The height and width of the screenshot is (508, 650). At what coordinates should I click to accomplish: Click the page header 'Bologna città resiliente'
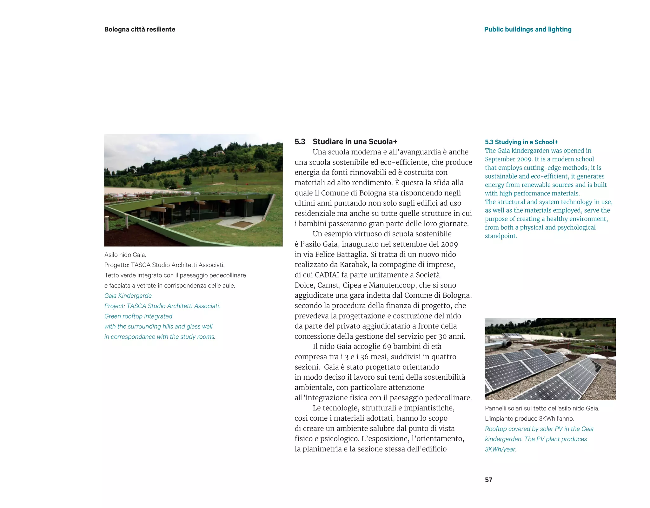point(140,29)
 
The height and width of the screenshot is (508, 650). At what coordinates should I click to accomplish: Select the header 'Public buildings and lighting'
point(527,29)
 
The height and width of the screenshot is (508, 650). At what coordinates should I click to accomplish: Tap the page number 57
point(488,480)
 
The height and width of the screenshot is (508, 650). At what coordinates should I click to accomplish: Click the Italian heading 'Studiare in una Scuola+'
point(355,142)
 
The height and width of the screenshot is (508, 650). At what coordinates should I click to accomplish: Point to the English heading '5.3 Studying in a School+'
point(521,142)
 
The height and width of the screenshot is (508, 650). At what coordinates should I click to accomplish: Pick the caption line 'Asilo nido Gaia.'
point(125,255)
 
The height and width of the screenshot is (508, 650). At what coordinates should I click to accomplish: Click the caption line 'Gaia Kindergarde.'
point(128,296)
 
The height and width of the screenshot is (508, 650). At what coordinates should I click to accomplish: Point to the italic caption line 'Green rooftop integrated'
point(138,316)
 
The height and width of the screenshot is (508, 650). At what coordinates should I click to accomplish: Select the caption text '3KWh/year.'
point(500,449)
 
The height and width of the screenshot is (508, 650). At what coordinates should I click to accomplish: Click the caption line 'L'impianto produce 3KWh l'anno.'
point(529,419)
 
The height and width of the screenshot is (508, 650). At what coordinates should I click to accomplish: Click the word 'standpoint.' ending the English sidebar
point(501,236)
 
